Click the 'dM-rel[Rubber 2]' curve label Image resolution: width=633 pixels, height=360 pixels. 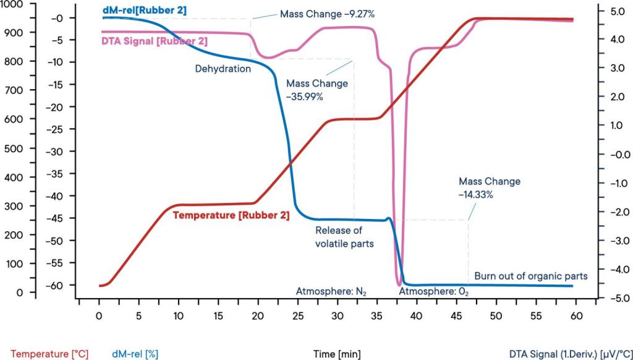(143, 10)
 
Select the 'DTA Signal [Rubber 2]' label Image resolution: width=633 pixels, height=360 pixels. (154, 41)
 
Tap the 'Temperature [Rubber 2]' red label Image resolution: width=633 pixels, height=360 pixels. (231, 216)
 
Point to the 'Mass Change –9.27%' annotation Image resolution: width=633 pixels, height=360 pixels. (318, 14)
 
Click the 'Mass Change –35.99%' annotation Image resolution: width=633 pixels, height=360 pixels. (316, 90)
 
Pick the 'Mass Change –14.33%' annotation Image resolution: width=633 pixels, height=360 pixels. (489, 187)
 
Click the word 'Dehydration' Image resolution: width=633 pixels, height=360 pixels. (223, 69)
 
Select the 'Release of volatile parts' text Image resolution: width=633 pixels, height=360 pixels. (344, 237)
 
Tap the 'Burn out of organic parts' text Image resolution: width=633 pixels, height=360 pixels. (530, 276)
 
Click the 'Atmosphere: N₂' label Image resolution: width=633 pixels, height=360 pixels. (331, 291)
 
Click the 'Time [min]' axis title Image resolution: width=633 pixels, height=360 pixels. (337, 354)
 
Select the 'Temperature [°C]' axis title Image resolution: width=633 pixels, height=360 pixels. (49, 354)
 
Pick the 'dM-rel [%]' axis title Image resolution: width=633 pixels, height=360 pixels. (135, 354)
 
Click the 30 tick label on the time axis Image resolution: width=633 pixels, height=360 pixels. (337, 315)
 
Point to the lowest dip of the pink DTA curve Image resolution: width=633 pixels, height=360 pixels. (399, 284)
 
